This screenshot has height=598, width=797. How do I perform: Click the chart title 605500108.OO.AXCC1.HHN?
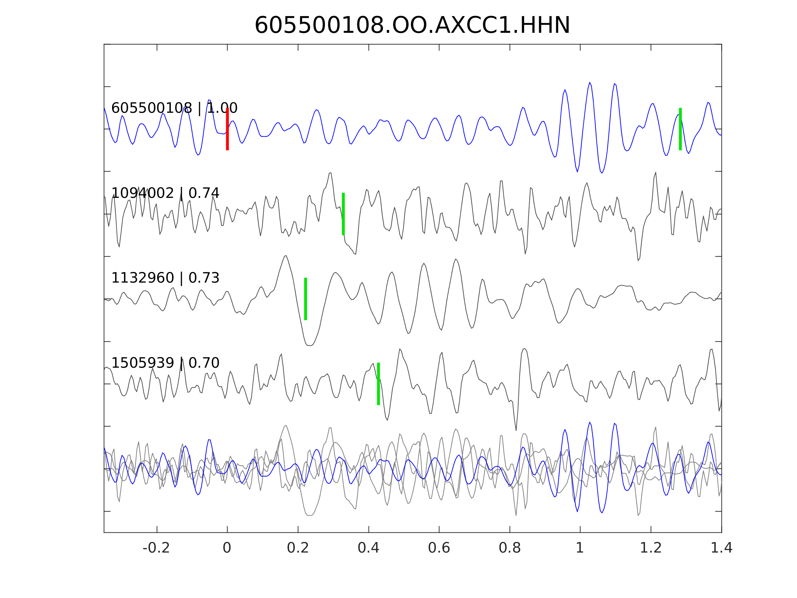tap(412, 26)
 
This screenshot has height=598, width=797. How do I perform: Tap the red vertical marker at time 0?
tap(228, 129)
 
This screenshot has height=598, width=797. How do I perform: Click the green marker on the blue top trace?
tap(680, 129)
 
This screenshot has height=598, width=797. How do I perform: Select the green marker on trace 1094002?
tap(343, 214)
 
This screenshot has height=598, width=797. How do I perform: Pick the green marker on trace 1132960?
tap(305, 299)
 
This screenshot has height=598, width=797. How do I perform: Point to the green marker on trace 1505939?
tap(378, 384)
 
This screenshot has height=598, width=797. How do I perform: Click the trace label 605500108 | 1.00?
tap(174, 108)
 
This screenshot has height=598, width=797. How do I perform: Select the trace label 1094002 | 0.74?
tap(165, 193)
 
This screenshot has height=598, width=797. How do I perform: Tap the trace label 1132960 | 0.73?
tap(165, 278)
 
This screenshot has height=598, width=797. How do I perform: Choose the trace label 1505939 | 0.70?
tap(165, 363)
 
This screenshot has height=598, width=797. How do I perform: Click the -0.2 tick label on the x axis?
tap(156, 548)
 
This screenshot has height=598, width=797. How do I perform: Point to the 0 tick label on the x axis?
tap(227, 548)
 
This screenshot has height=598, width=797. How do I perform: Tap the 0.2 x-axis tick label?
tap(298, 548)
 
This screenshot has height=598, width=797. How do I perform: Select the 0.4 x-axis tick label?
tap(368, 548)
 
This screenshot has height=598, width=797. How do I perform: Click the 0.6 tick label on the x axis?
tap(439, 548)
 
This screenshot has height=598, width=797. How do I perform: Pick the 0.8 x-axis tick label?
tap(509, 548)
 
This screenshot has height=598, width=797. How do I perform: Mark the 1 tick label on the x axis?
tap(580, 548)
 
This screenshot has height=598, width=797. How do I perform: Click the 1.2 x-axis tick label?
tap(651, 548)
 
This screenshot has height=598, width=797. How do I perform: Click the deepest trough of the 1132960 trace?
tap(309, 345)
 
